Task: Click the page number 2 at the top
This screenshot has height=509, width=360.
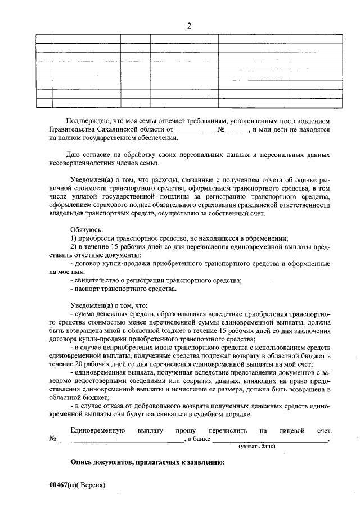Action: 189,26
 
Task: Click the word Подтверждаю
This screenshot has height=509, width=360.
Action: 89,121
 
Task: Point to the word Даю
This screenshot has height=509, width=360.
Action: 73,154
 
